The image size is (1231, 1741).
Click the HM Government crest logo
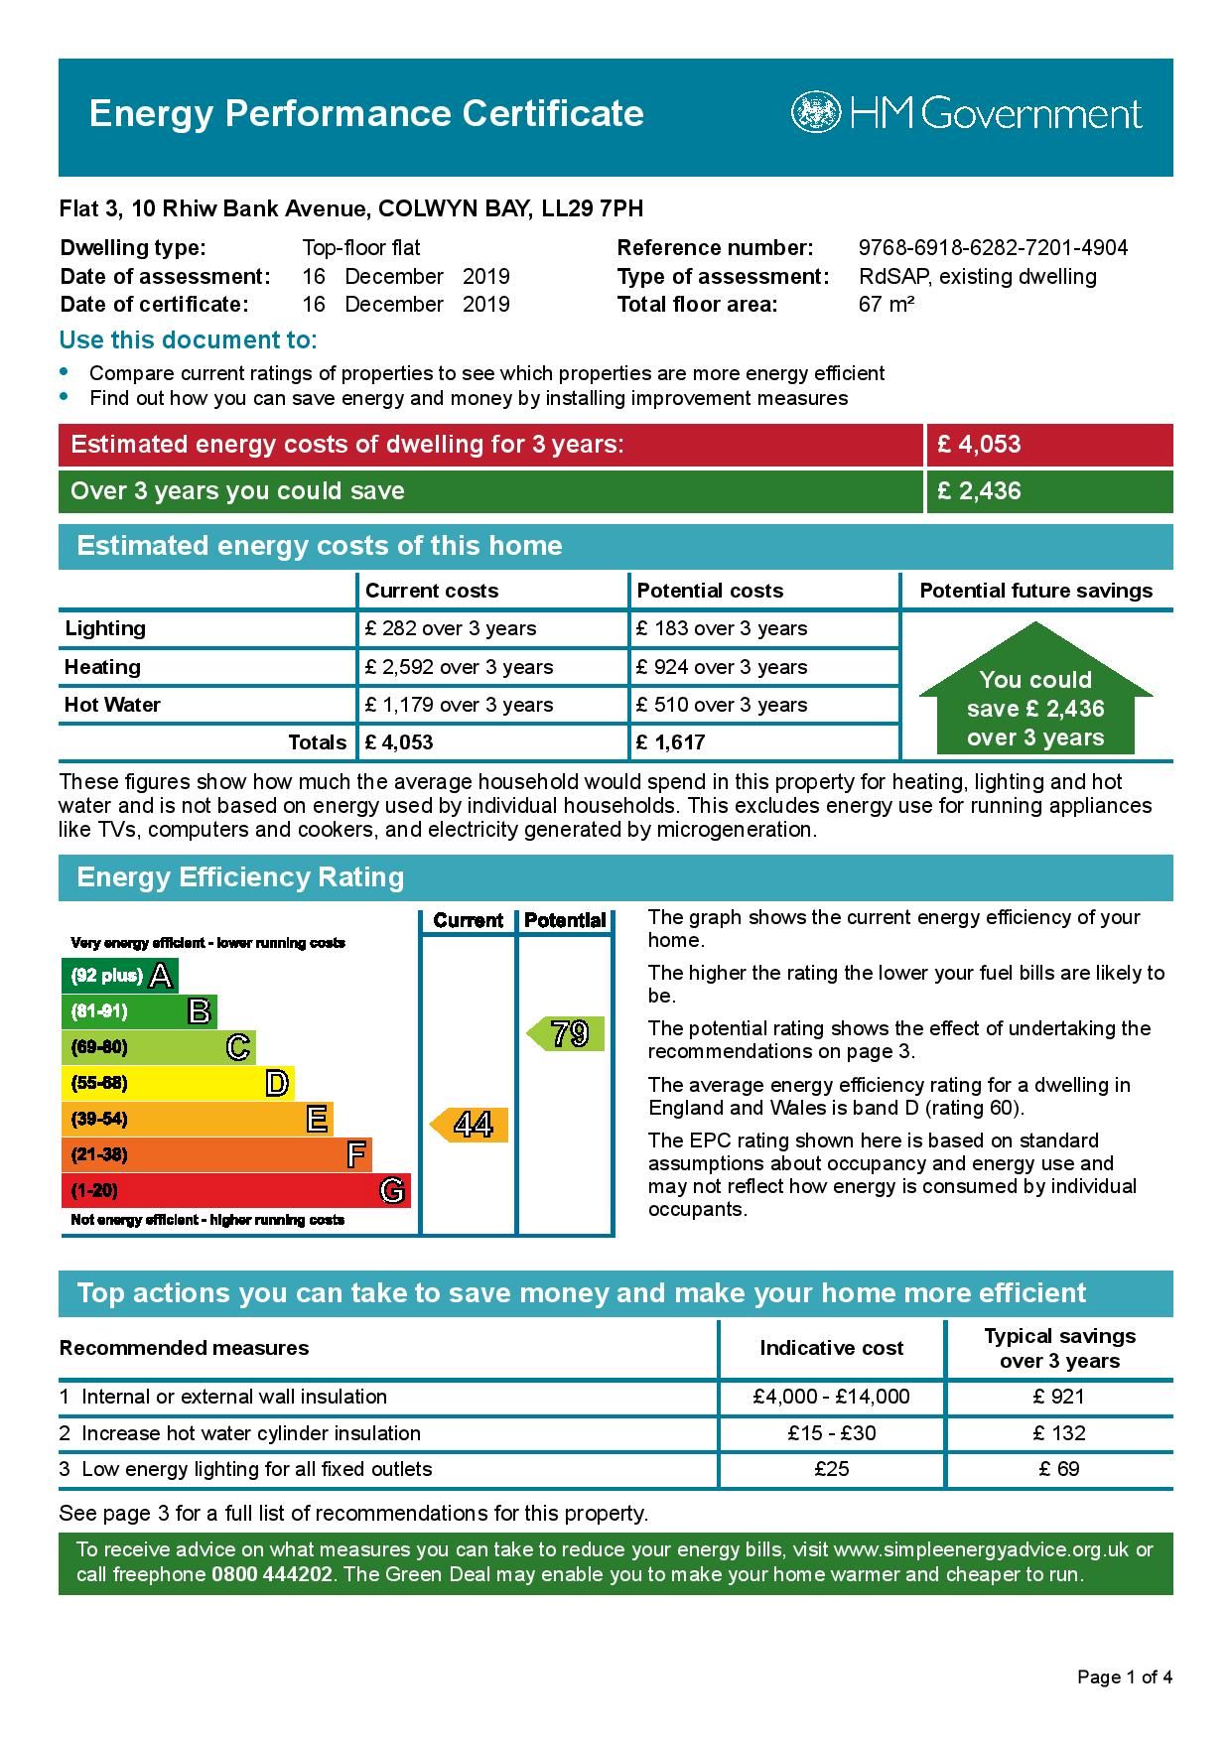pos(815,112)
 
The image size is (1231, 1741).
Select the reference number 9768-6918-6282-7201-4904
pos(993,248)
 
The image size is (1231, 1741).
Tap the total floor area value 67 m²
pos(886,304)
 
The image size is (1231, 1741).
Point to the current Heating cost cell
pos(459,667)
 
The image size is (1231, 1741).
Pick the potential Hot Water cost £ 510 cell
pos(722,705)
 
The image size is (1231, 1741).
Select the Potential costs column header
pos(710,591)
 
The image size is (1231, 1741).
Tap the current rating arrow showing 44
pos(470,1125)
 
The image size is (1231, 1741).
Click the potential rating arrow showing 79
pos(566,1034)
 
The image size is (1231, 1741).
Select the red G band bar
pos(235,1190)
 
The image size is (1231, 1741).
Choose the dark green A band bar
pos(119,976)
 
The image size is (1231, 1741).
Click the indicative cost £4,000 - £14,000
pos(831,1397)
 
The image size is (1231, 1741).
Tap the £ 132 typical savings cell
pos(1059,1433)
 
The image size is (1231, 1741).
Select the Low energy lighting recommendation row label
pos(256,1469)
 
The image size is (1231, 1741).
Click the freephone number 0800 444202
pos(271,1574)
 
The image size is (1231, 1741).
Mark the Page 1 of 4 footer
pos(1125,1677)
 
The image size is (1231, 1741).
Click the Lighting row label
pos(105,628)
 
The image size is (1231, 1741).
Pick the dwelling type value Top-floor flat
pos(360,248)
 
